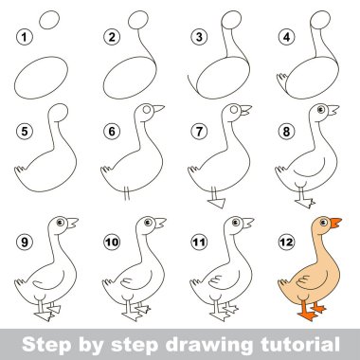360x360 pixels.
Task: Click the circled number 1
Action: pos(25,37)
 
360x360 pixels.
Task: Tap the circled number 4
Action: pos(286,37)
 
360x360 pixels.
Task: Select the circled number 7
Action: pos(199,131)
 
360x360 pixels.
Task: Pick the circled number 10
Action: pos(112,243)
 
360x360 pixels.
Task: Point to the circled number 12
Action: pos(286,243)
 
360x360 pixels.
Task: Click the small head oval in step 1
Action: pos(49,20)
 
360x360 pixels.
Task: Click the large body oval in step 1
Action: pos(41,78)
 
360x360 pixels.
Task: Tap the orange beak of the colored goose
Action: pos(335,223)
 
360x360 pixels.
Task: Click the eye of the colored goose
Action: pos(323,223)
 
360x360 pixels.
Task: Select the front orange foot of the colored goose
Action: pos(308,315)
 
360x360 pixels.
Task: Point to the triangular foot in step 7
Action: pos(217,203)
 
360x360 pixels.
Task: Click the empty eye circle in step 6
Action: pos(147,109)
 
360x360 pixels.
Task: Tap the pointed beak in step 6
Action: pos(158,109)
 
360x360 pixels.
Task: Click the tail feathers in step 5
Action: pos(19,171)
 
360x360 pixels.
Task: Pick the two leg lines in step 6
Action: pos(127,193)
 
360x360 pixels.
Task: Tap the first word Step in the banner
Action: pos(46,346)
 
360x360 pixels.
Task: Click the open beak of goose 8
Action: pos(333,110)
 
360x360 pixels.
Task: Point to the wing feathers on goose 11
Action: pos(216,280)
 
